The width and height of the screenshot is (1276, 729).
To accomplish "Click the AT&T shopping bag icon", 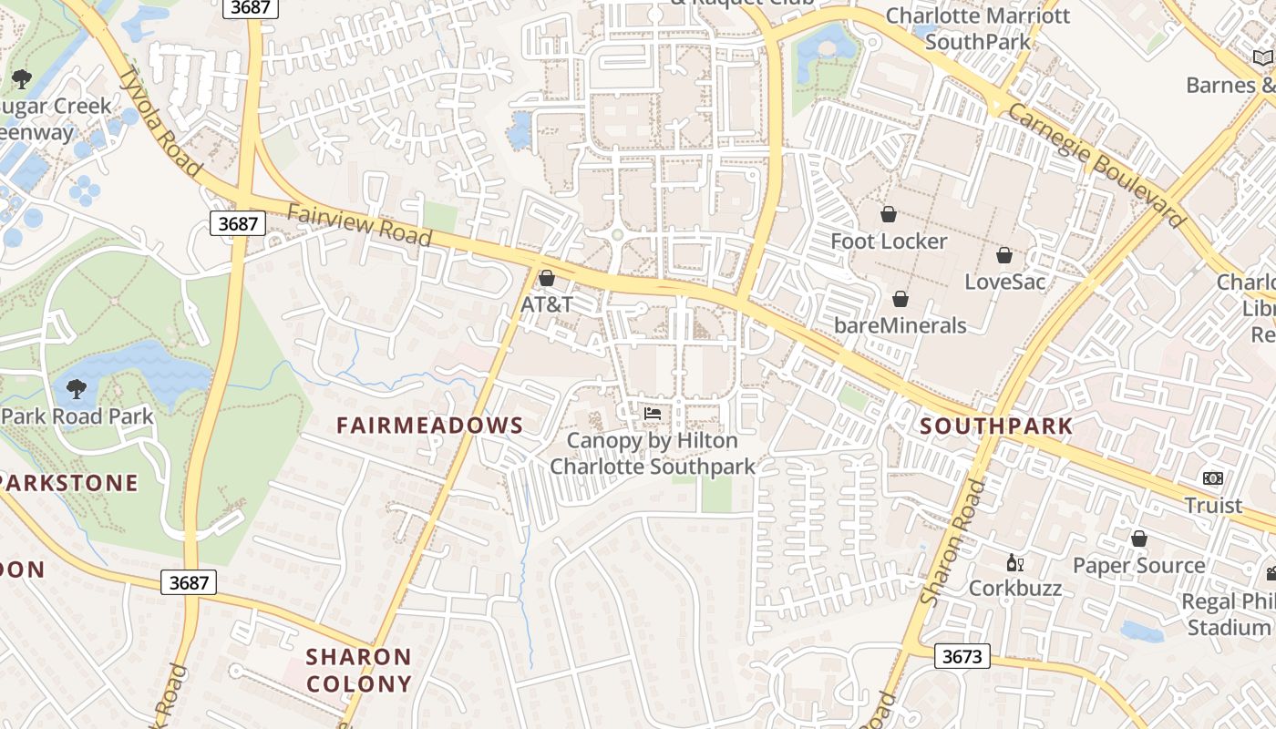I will coord(547,278).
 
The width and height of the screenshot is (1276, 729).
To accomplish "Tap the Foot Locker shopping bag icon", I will coord(889,214).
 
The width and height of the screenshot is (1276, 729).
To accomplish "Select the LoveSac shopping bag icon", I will coord(1004,255).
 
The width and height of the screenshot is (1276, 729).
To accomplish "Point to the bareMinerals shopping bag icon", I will coord(900,299).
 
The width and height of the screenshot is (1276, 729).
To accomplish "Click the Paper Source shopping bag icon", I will coord(1138,539).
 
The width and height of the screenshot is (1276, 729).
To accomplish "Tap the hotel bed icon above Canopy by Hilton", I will coord(652,414).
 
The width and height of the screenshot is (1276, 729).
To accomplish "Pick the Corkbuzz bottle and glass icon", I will coord(1014,562).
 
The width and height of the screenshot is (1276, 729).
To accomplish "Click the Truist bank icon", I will coord(1213,478).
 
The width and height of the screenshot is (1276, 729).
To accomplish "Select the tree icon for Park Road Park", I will coord(77,389).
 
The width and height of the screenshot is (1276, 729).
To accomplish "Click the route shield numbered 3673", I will coord(962,655).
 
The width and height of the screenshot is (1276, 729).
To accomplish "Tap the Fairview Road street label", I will coord(359,225).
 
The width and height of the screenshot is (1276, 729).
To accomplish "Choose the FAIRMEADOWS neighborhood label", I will coord(430,426).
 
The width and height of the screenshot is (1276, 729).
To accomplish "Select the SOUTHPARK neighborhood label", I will coord(996,426).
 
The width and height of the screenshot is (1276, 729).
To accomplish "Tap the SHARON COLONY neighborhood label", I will coord(359,670).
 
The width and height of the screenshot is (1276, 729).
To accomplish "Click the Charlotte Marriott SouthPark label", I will coord(978,28).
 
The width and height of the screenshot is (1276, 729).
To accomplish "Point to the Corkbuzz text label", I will coord(1014,588).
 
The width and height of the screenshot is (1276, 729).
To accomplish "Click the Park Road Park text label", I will coord(77,416).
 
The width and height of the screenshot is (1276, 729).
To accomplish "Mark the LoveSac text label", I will coord(1005,281).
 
